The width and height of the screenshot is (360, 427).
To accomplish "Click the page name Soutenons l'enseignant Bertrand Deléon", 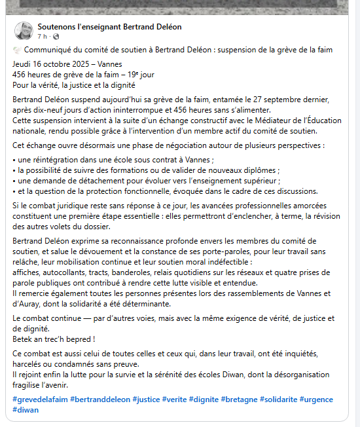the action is pyautogui.click(x=109, y=27).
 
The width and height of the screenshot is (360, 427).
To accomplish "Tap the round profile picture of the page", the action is pyautogui.click(x=24, y=31).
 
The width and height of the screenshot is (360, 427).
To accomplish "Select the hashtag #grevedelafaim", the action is pyautogui.click(x=39, y=399).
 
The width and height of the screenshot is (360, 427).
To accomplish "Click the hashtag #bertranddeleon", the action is pyautogui.click(x=99, y=399).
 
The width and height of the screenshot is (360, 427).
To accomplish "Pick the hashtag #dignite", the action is pyautogui.click(x=204, y=399).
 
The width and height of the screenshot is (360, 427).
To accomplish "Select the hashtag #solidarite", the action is pyautogui.click(x=280, y=399).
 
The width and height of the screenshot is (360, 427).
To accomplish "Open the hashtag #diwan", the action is pyautogui.click(x=26, y=410).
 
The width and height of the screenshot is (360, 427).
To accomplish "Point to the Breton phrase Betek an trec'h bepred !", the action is pyautogui.click(x=54, y=339).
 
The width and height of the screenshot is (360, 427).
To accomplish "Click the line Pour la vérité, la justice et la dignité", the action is pyautogui.click(x=73, y=84).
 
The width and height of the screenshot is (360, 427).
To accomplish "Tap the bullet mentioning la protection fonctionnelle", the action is pyautogui.click(x=145, y=191).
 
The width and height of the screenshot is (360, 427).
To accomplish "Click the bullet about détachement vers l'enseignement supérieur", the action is pyautogui.click(x=148, y=181).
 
